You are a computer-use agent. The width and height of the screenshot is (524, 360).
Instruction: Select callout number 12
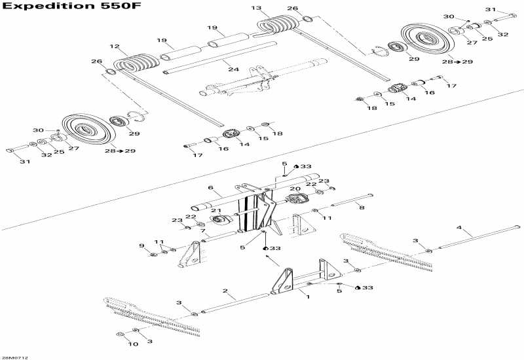pyautogui.click(x=115, y=46)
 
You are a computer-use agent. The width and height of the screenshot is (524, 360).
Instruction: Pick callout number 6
pyautogui.click(x=211, y=188)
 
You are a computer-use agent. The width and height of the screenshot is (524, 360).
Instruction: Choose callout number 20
pyautogui.click(x=295, y=189)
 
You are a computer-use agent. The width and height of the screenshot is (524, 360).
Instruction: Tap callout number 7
pyautogui.click(x=204, y=231)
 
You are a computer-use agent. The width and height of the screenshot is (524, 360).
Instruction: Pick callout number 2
pyautogui.click(x=225, y=290)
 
